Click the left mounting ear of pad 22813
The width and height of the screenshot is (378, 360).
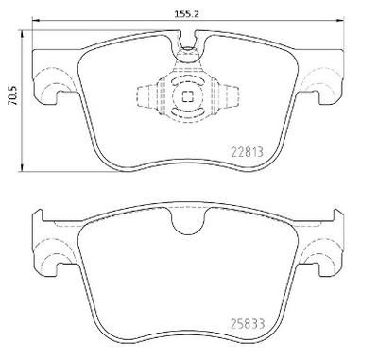point(44,87)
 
